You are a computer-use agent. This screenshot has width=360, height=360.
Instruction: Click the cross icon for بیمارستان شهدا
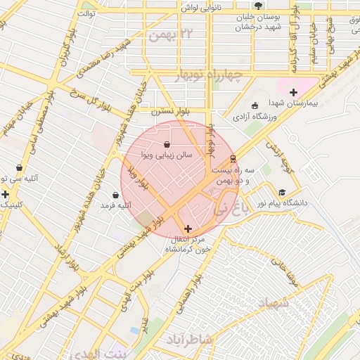[x=293, y=92]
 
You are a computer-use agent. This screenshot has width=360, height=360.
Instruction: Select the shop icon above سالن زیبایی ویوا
[x=166, y=144]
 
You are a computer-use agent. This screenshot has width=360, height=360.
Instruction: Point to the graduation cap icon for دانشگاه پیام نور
[x=282, y=192]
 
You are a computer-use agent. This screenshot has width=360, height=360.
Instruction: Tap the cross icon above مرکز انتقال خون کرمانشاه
[x=188, y=229]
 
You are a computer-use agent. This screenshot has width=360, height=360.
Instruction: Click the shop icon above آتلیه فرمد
[x=115, y=195]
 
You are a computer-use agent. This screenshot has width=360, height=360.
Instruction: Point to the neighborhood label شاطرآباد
[x=188, y=340]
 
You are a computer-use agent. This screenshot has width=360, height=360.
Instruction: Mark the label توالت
[x=86, y=13]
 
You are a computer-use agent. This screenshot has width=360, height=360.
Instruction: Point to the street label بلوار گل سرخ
[x=90, y=94]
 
